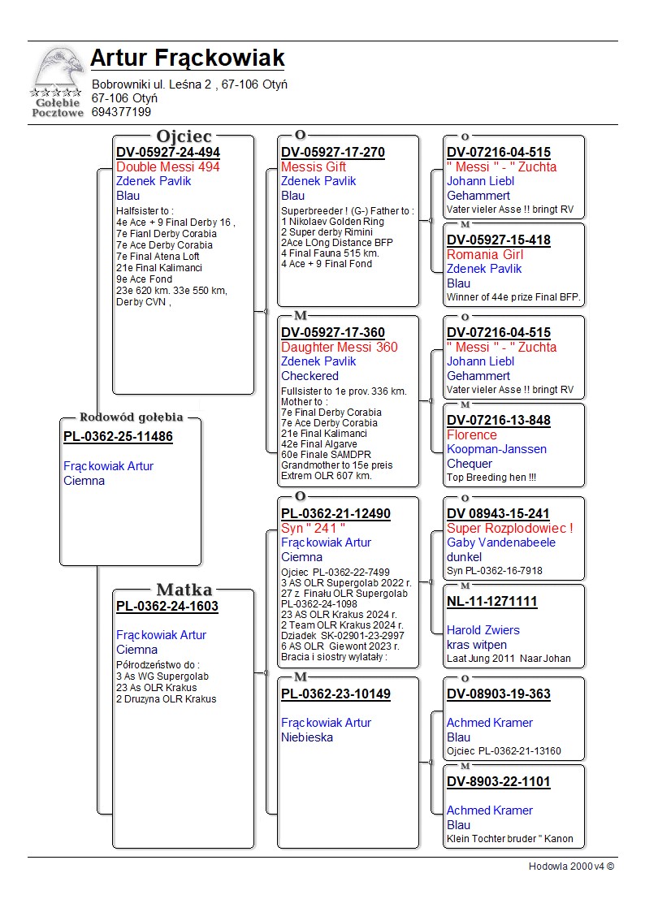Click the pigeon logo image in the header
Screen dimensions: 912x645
coord(58,81)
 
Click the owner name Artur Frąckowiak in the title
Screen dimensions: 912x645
coord(187,58)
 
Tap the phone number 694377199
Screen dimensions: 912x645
coord(121,112)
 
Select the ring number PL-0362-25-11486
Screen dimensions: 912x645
coord(118,437)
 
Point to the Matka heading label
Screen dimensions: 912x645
coord(184,590)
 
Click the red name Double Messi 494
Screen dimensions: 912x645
coord(167,167)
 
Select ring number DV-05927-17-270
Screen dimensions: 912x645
coord(332,153)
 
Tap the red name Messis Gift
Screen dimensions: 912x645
coord(314,167)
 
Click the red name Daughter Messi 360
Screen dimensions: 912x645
coord(339,348)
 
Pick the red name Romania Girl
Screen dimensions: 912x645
coord(485,255)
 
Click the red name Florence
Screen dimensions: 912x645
coord(471,435)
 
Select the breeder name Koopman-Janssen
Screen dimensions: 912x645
coord(496,449)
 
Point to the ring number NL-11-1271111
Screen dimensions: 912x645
coord(491,602)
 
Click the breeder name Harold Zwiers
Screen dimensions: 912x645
coord(483,630)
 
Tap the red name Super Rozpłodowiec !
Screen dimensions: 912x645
coord(509,529)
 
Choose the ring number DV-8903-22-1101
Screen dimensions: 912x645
coord(498,782)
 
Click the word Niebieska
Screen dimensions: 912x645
coord(307,737)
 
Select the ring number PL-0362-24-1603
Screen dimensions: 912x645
coord(167,607)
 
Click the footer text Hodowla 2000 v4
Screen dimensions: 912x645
coord(570,867)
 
